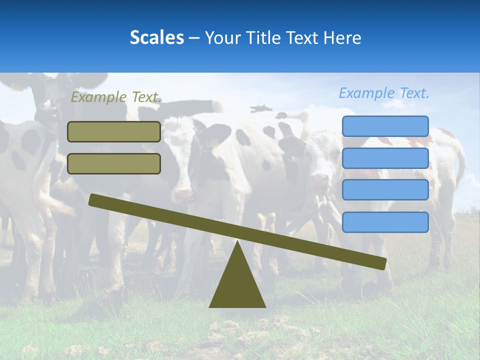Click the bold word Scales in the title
[156, 37]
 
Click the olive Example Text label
[116, 97]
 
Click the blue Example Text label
[384, 93]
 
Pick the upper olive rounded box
[114, 131]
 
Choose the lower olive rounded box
[114, 163]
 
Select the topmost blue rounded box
[385, 126]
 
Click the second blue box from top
[385, 158]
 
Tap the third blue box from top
[385, 189]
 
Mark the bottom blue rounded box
[385, 222]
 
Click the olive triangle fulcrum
[237, 285]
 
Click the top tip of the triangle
[237, 242]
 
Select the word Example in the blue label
[367, 93]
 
